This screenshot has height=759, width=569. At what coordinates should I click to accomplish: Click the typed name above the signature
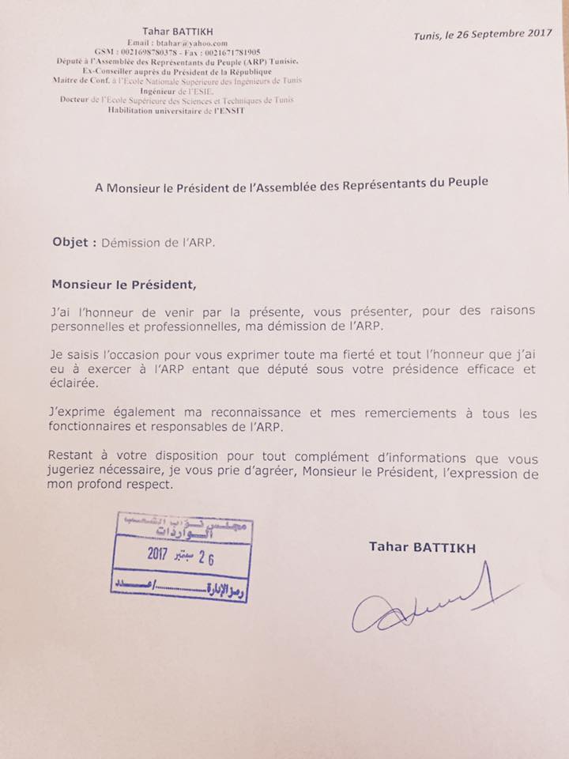click(x=421, y=546)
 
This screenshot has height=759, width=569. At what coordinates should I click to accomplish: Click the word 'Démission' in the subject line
click(x=130, y=244)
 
